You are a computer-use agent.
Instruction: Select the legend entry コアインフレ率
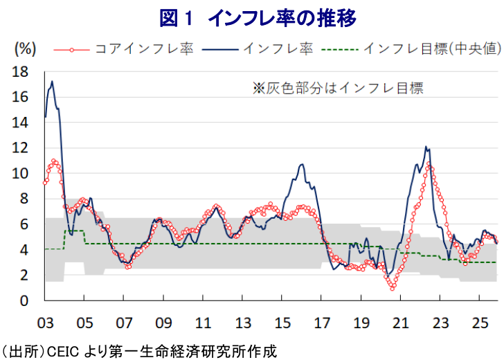coord(144,49)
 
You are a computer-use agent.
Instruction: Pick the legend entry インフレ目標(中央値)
coord(432,49)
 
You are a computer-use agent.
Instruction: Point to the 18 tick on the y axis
coord(20,71)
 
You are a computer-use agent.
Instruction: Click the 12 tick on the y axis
coord(20,148)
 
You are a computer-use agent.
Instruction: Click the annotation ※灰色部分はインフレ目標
coord(337,89)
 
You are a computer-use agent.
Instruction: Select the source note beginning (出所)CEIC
coord(138,351)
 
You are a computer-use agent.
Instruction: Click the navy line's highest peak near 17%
coord(52,82)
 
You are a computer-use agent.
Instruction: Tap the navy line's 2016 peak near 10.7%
coord(302,164)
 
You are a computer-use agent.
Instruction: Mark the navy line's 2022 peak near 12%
coord(426,146)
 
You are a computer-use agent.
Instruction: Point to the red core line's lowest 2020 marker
coord(392,287)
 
